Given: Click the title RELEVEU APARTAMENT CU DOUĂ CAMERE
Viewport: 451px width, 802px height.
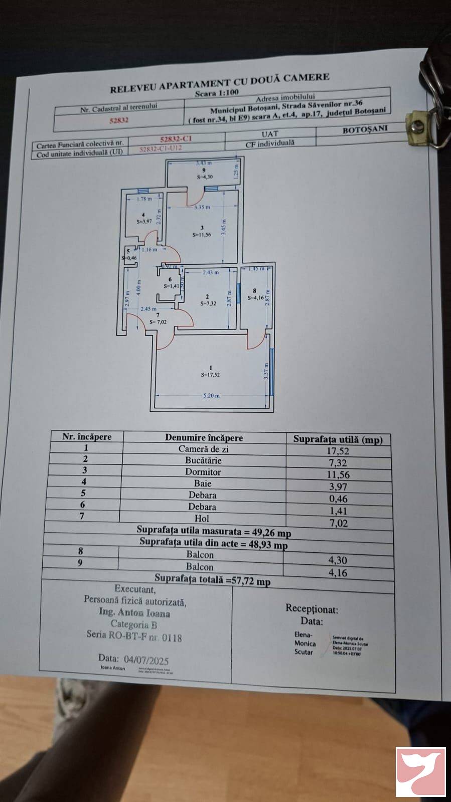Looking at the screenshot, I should (219, 83).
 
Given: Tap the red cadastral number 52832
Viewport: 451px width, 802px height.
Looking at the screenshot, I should (119, 120).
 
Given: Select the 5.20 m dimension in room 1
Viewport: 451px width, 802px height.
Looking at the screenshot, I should (211, 396).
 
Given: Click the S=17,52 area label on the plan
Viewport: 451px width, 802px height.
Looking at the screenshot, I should (210, 374).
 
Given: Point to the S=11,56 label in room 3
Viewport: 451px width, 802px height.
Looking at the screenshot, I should (202, 234).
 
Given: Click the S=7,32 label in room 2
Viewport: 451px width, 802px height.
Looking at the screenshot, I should (208, 303).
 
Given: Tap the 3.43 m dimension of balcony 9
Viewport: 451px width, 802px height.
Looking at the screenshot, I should (203, 163).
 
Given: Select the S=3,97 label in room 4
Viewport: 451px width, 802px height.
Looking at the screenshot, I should (144, 221).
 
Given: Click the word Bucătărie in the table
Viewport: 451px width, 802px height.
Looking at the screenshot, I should (203, 460).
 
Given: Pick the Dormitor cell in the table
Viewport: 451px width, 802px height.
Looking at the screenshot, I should (203, 472).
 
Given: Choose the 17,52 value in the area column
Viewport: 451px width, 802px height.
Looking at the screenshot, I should (338, 451).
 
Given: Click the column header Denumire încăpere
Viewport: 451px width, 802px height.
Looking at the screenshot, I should (204, 437).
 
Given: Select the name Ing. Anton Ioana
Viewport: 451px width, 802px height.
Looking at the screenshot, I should (134, 613).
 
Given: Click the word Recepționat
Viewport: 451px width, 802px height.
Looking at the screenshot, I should (312, 609).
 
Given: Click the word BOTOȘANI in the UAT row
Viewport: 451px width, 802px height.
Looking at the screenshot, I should (365, 129).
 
